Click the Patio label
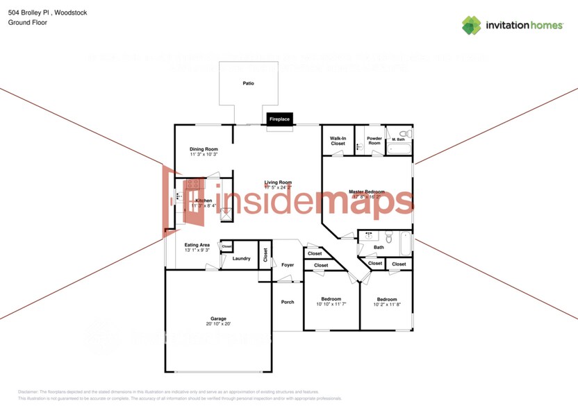[x=248, y=83]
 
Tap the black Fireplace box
[x=279, y=119]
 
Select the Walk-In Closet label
[x=338, y=141]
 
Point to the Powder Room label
[x=374, y=141]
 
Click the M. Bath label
[x=398, y=140]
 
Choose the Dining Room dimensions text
[x=204, y=154]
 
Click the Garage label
[x=218, y=318]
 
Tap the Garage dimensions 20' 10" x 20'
[x=218, y=324]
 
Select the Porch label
[x=287, y=302]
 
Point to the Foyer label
[x=288, y=265]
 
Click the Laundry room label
[x=241, y=259]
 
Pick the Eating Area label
[x=197, y=245]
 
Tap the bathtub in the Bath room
[x=402, y=241]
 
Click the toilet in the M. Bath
[x=408, y=133]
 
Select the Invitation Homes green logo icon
[x=472, y=25]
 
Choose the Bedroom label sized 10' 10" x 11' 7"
[x=331, y=299]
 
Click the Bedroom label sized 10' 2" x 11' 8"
[x=386, y=299]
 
